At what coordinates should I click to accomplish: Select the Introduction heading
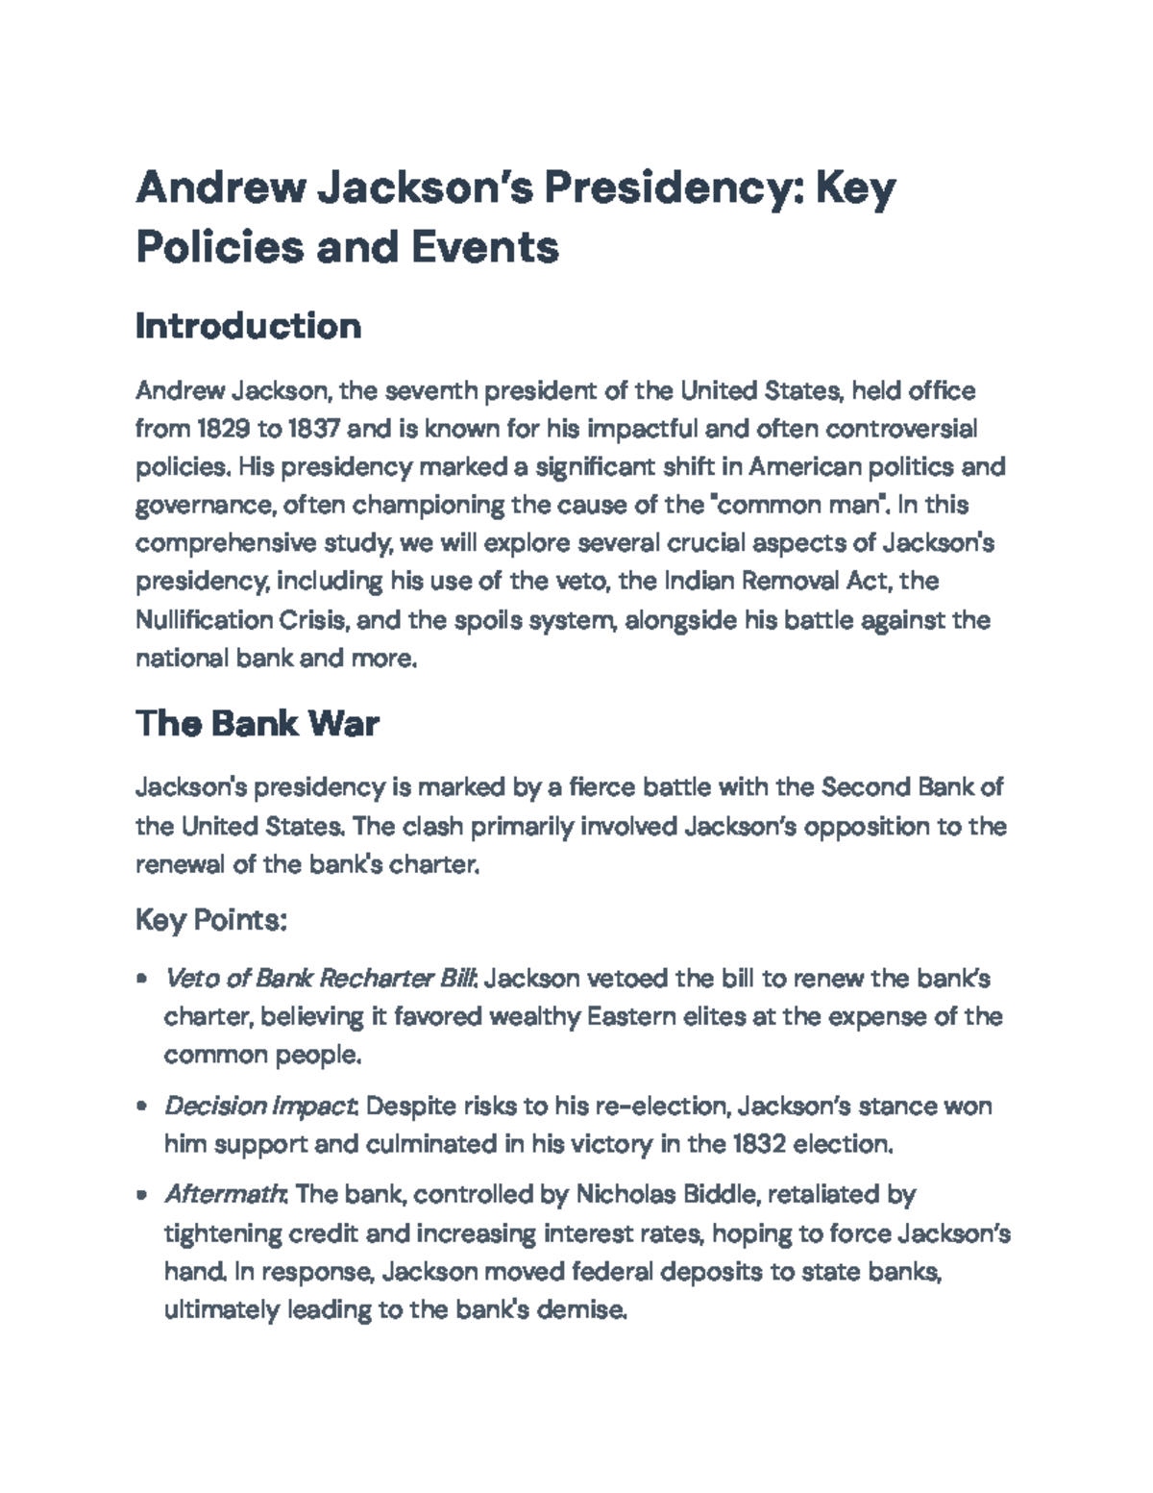coord(248,326)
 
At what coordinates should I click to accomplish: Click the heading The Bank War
coord(257,723)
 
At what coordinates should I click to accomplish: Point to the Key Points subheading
coord(211,920)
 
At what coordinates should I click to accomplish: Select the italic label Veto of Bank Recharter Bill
coord(321,979)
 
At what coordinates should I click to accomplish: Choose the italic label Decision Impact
coord(260,1106)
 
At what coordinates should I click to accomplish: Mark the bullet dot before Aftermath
coord(142,1196)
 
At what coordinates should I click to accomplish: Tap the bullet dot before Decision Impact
coord(142,1107)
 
